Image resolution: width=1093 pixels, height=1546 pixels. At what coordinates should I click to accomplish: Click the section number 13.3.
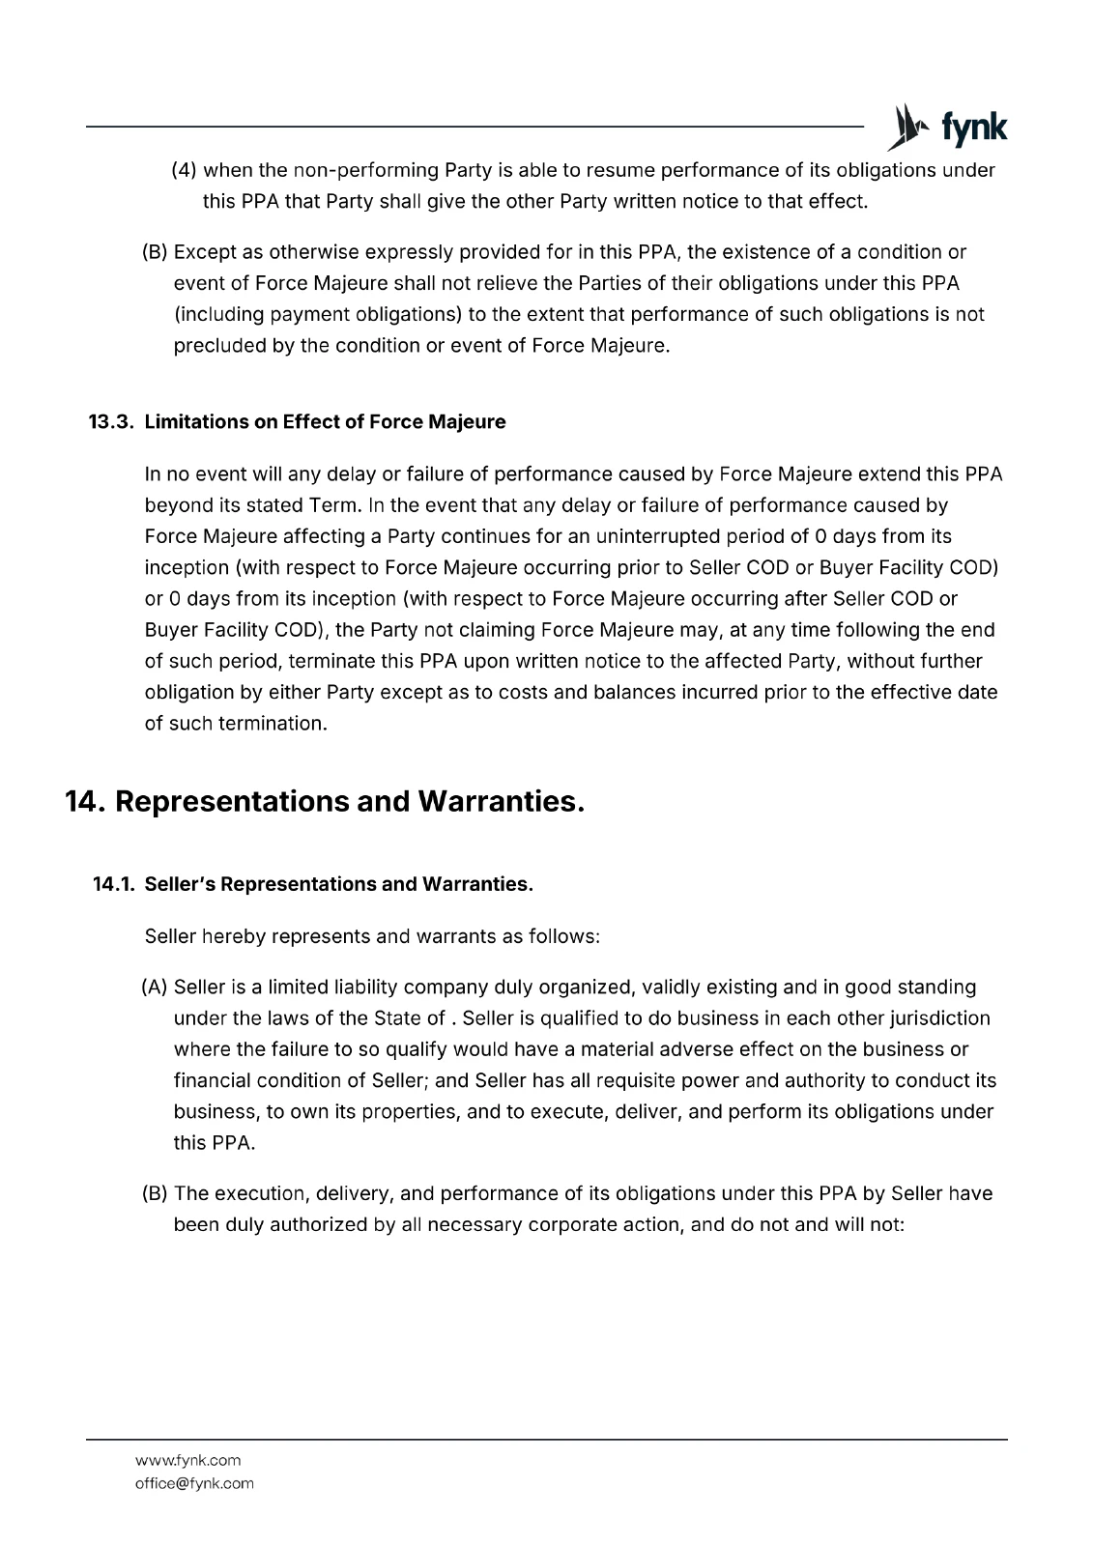(110, 422)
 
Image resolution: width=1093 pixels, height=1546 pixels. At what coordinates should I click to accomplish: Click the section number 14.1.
(113, 884)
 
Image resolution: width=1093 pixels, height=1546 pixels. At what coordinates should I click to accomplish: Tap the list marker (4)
(184, 171)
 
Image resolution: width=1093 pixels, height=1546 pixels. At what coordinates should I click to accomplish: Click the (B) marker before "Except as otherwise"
(155, 252)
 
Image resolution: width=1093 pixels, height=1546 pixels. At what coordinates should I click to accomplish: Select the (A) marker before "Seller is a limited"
(155, 988)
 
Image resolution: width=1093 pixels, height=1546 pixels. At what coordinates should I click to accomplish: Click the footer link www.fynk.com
(188, 1460)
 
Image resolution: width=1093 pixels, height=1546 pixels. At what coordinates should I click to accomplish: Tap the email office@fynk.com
(194, 1483)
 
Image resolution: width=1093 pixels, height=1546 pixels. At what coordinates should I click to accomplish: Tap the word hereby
(234, 936)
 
